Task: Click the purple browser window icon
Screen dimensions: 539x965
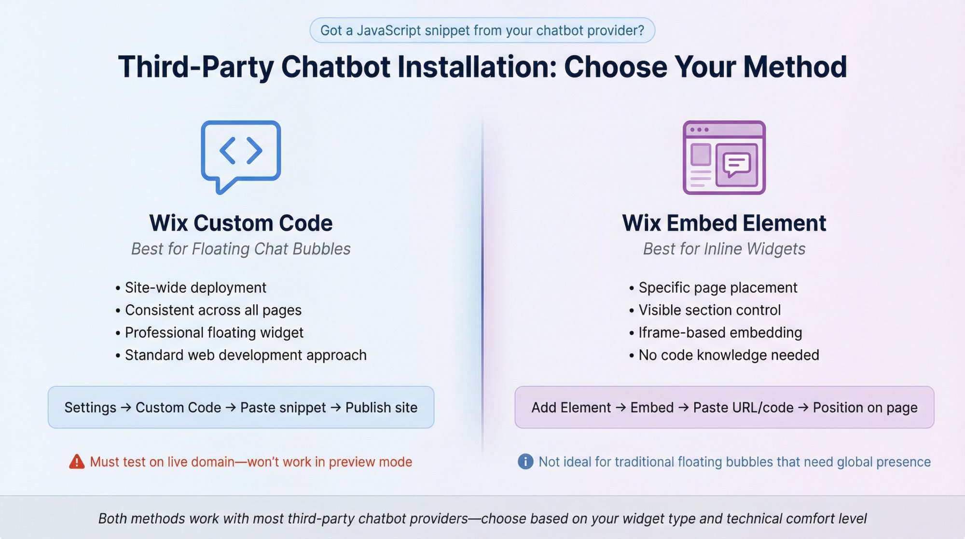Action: [x=724, y=157]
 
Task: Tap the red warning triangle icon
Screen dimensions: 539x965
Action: [x=77, y=462]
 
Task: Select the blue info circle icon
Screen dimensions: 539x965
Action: [x=525, y=462]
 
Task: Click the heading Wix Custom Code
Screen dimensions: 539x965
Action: [x=241, y=223]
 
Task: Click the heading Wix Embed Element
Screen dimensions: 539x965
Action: [x=724, y=223]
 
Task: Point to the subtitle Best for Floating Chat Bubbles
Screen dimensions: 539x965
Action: [x=241, y=249]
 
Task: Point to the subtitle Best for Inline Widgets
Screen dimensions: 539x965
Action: [x=724, y=249]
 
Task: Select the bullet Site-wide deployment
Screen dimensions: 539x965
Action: [x=195, y=287]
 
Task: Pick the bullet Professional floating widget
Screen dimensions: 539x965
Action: [x=214, y=332]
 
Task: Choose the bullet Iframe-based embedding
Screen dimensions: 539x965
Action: [x=720, y=332]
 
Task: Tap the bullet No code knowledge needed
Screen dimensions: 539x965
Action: [x=729, y=355]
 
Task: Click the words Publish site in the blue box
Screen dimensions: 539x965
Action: [x=381, y=407]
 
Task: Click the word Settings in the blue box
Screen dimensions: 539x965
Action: [x=90, y=407]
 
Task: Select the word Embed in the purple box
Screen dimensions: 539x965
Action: [x=652, y=407]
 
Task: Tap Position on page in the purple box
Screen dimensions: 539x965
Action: [x=865, y=407]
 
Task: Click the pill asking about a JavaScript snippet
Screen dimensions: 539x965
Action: [x=482, y=30]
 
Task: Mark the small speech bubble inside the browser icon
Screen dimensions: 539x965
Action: [x=736, y=164]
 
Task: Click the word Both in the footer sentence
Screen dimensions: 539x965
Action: [x=112, y=518]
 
